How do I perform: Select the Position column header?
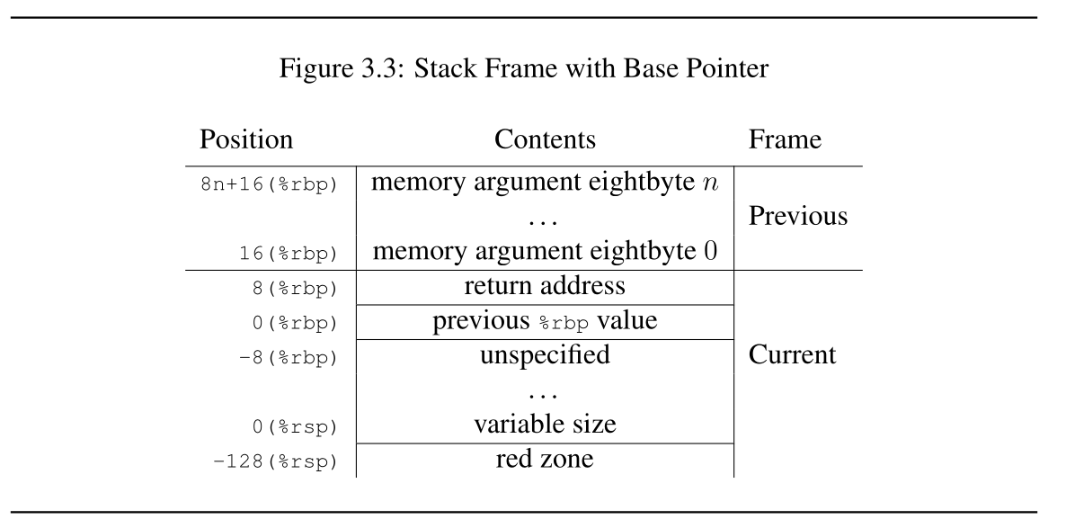[246, 139]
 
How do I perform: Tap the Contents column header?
[545, 139]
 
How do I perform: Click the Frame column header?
[785, 139]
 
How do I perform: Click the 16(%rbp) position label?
[289, 254]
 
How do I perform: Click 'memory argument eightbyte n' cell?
[545, 183]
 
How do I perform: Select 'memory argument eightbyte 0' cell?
[545, 251]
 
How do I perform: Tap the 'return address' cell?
[545, 287]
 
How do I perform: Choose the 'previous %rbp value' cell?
[545, 321]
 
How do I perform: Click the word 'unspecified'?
[545, 355]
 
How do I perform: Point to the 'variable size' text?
[545, 424]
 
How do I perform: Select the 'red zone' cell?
[545, 460]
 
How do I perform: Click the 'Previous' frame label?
[797, 217]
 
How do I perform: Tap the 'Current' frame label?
[792, 355]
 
